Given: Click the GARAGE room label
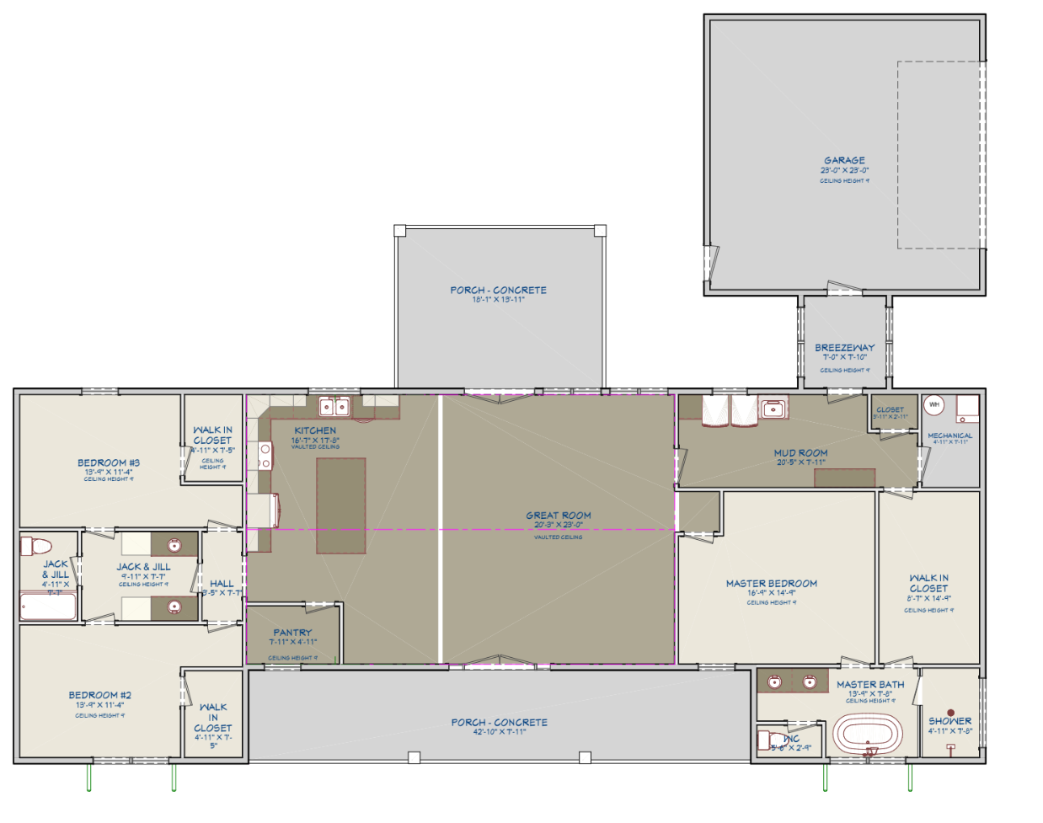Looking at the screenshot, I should [844, 160].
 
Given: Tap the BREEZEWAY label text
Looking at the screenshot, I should [844, 347].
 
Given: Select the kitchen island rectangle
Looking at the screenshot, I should [341, 505].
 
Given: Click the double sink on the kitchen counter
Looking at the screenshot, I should [334, 408].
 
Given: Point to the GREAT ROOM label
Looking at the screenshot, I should [559, 515].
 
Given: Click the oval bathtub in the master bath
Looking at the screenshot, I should [867, 735].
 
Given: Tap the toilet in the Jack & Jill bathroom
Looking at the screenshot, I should [36, 545].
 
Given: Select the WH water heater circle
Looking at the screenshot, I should [933, 405].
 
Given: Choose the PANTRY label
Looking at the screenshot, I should [292, 632].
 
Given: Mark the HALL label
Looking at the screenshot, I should [222, 583].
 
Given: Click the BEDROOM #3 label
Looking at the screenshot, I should [109, 462].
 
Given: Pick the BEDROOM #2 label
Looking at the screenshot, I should [100, 695].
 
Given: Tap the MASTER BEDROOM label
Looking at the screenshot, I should [771, 583].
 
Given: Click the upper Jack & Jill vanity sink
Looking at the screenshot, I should [174, 544].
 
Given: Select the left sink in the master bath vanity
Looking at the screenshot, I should [775, 681].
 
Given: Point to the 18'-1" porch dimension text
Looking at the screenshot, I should [498, 300].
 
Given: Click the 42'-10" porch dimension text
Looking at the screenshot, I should [499, 732].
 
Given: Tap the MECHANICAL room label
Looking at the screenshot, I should [949, 436].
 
